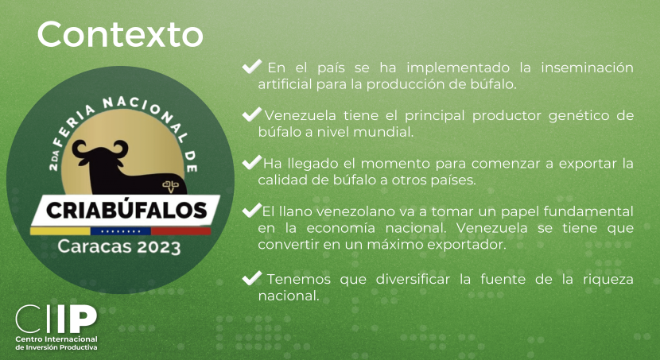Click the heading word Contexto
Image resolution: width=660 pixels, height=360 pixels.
pyautogui.click(x=120, y=34)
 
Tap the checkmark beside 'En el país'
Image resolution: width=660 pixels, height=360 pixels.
pyautogui.click(x=252, y=67)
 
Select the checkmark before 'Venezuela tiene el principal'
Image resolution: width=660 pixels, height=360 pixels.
pyautogui.click(x=252, y=114)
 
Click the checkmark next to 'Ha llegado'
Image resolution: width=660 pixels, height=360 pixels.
pyautogui.click(x=252, y=162)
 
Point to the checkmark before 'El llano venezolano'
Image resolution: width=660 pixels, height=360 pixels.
pyautogui.click(x=252, y=211)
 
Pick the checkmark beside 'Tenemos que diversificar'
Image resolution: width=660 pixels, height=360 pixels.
pyautogui.click(x=252, y=278)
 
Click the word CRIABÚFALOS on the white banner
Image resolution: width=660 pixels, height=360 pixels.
pyautogui.click(x=126, y=211)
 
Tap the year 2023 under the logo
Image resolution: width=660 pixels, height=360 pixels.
pyautogui.click(x=159, y=247)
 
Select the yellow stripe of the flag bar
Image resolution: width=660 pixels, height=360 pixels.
pyautogui.click(x=60, y=231)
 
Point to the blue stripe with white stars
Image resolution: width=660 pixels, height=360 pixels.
pyautogui.click(x=121, y=231)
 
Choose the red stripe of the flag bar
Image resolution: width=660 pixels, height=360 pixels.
pyautogui.click(x=181, y=231)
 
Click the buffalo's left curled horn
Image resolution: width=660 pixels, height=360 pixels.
pyautogui.click(x=80, y=149)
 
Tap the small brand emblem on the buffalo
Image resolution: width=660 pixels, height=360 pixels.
pyautogui.click(x=170, y=185)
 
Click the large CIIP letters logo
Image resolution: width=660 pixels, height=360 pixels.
pyautogui.click(x=56, y=319)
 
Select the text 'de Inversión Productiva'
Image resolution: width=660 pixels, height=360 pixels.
pyautogui.click(x=56, y=347)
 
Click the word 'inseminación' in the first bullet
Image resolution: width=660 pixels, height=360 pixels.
pyautogui.click(x=587, y=68)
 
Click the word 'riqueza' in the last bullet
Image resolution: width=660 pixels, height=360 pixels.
pyautogui.click(x=608, y=280)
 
